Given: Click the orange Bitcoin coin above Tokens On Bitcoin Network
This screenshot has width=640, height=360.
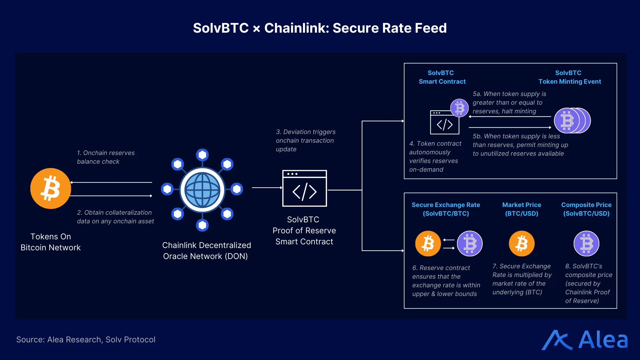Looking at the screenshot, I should click(x=51, y=188).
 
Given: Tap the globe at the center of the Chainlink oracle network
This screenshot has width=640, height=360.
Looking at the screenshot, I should click(x=202, y=190).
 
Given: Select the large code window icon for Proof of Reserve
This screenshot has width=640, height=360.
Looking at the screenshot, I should click(x=304, y=188).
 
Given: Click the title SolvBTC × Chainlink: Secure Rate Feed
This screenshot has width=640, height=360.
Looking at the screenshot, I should click(x=320, y=28).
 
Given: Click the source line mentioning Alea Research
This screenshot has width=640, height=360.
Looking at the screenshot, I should click(x=86, y=339).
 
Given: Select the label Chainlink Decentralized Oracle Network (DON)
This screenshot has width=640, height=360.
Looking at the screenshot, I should click(x=206, y=251).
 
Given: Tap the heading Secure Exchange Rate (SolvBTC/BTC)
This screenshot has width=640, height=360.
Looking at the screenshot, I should click(x=446, y=209).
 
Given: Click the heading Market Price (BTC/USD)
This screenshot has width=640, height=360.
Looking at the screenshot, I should click(x=521, y=209).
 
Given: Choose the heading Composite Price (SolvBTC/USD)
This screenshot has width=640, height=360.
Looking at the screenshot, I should click(x=586, y=209).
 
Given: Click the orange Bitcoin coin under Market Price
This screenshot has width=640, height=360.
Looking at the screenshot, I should click(x=521, y=244).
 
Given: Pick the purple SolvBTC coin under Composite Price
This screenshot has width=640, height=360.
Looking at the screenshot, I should click(x=586, y=244).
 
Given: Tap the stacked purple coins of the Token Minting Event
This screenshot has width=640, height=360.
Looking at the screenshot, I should click(x=571, y=120).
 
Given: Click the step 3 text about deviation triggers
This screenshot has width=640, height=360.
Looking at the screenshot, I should click(x=305, y=140).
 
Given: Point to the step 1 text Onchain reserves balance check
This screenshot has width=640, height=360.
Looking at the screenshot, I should click(x=106, y=157).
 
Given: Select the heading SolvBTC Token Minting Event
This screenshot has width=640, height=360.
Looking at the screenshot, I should click(x=569, y=77).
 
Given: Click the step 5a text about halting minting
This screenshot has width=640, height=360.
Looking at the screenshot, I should click(x=509, y=102).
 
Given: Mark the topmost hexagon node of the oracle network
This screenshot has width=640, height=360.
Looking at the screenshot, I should click(x=202, y=155).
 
